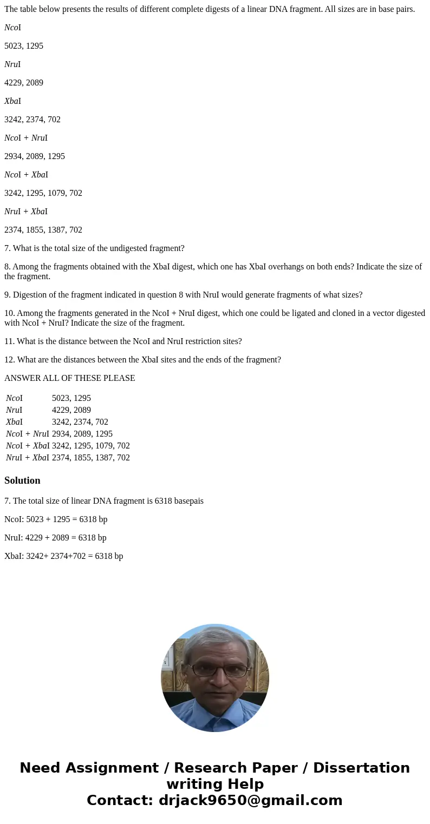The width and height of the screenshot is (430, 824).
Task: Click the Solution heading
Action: pyautogui.click(x=22, y=480)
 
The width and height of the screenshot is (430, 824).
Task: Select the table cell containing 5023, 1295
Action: pyautogui.click(x=71, y=398)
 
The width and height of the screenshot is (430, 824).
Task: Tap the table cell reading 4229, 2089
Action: pyautogui.click(x=71, y=410)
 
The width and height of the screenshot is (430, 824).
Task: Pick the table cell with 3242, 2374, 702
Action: pyautogui.click(x=80, y=422)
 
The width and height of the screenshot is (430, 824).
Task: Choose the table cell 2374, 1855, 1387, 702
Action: pyautogui.click(x=90, y=458)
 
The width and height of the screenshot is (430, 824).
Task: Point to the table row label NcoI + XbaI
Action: pyautogui.click(x=28, y=446)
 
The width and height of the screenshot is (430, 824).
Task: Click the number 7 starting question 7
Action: pyautogui.click(x=6, y=248)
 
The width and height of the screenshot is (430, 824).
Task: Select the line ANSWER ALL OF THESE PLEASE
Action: pyautogui.click(x=69, y=378)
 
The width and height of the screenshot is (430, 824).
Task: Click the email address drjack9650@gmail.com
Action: pyautogui.click(x=250, y=800)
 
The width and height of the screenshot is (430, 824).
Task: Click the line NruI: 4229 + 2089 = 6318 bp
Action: pyautogui.click(x=55, y=538)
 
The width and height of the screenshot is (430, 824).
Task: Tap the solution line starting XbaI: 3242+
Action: pyautogui.click(x=63, y=556)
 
